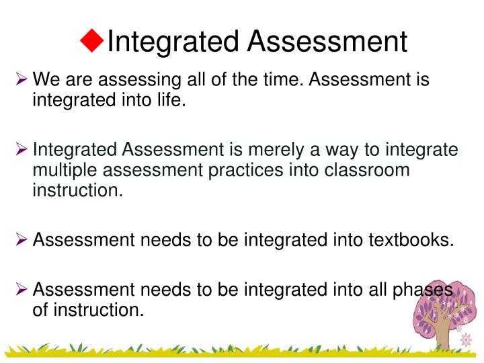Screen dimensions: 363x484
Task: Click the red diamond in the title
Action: [x=92, y=41]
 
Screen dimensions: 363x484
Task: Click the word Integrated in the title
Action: [x=173, y=42]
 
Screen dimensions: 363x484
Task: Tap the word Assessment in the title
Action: [x=327, y=42]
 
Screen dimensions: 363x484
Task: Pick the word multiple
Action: [x=67, y=169]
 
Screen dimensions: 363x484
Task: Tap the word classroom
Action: [x=367, y=169]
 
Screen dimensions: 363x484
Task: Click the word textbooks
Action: [x=409, y=240]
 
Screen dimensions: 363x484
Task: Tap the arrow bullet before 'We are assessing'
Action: [x=22, y=81]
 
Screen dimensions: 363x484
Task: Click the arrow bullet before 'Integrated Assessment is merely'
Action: [x=22, y=149]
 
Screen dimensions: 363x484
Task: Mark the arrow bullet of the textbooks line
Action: [x=22, y=240]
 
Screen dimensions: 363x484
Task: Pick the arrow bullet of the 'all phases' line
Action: [x=22, y=290]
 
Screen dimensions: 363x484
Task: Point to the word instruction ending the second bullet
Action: [x=77, y=190]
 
